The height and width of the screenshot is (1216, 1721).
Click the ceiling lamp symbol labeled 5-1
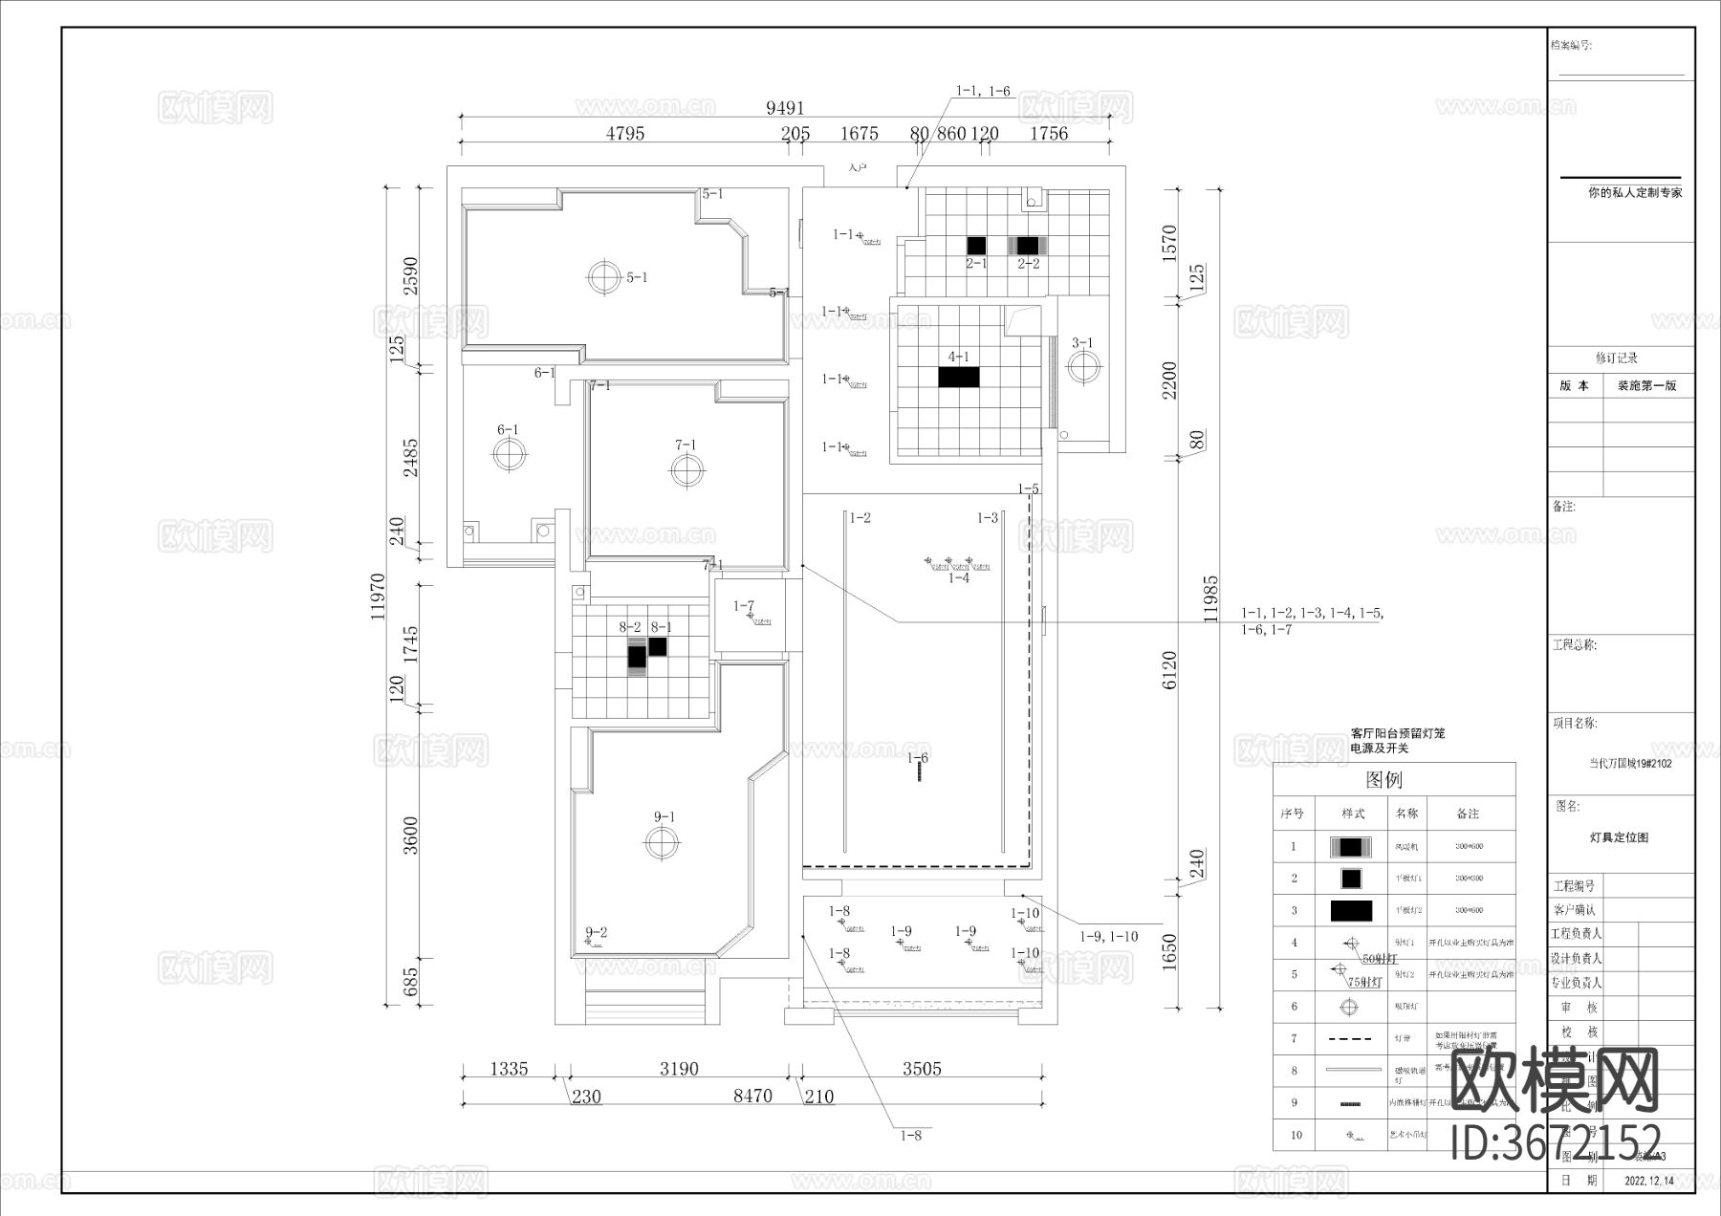pos(603,277)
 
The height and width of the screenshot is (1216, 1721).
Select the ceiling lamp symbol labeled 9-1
pos(660,841)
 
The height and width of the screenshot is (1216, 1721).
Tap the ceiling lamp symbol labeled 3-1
pos(1083,366)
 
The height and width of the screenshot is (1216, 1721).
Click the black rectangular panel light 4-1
pos(958,377)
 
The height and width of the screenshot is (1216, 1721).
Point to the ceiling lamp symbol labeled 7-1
pos(686,469)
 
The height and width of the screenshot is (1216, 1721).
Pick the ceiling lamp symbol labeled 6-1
pos(509,454)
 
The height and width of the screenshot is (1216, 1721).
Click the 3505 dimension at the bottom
pos(922,1069)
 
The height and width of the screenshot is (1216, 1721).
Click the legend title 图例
pos(1383,779)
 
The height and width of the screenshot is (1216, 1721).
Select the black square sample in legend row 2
pos(1351,878)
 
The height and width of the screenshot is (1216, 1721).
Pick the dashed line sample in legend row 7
pos(1351,1038)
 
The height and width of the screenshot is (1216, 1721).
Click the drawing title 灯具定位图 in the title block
pos(1619,837)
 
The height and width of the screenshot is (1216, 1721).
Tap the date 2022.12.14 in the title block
pos(1648,1181)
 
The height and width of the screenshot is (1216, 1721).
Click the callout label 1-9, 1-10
pos(1108,937)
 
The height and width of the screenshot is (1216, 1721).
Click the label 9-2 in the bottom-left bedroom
pos(596,932)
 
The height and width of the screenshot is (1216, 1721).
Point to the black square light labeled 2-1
pos(976,246)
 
